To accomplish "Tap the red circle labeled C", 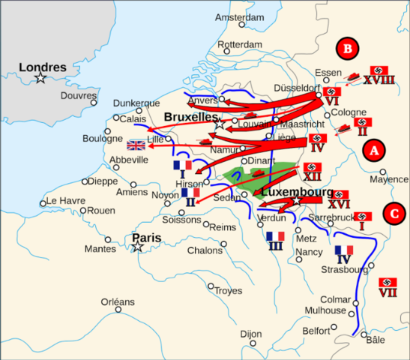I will coord(394,213).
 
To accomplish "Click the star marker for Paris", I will coord(138,247).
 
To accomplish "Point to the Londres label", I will coord(43,67).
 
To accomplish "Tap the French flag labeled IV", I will coord(344,250).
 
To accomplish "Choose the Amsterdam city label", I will coord(239,17).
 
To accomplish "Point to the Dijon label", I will coord(251,334).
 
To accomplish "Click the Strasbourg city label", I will coord(343,269).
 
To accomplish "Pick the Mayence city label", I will coord(388,179).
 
